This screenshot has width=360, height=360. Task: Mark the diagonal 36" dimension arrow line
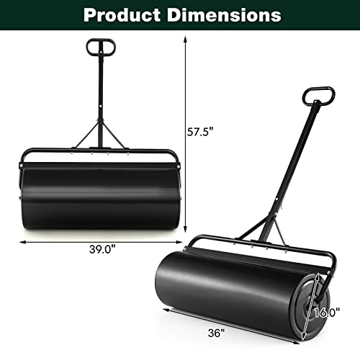tap(238, 323)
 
